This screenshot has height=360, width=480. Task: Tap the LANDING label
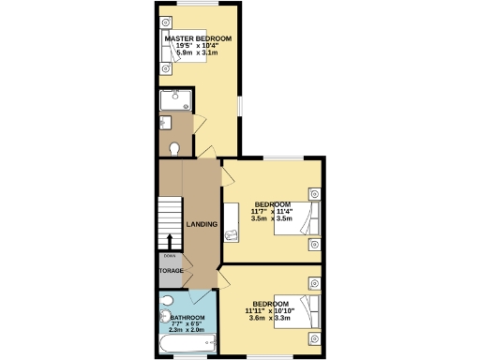(202, 225)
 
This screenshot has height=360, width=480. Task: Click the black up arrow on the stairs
(170, 242)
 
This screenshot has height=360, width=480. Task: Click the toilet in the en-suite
(174, 147)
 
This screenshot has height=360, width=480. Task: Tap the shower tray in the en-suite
(175, 100)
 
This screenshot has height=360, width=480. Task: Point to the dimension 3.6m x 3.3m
(270, 319)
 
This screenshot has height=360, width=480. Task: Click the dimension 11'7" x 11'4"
(272, 211)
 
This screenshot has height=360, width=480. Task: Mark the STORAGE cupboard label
(171, 272)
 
